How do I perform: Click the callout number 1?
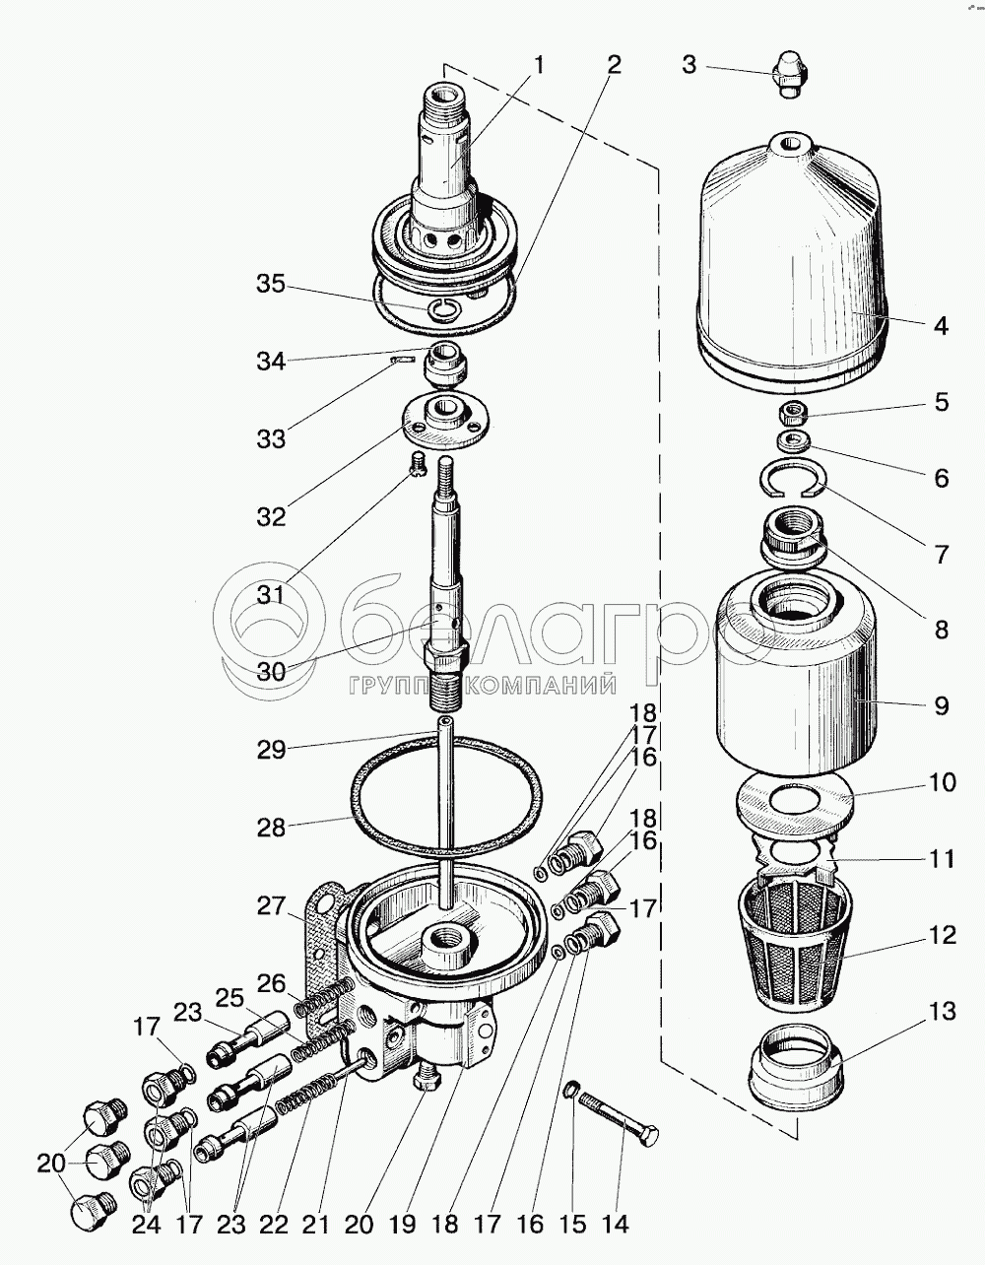pyautogui.click(x=539, y=65)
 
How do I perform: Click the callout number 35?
pyautogui.click(x=271, y=285)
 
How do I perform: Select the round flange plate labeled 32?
pyautogui.click(x=445, y=421)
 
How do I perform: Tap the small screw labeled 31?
pyautogui.click(x=418, y=466)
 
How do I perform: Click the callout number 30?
pyautogui.click(x=271, y=672)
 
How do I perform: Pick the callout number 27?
pyautogui.click(x=271, y=906)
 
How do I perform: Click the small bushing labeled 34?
pyautogui.click(x=446, y=364)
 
